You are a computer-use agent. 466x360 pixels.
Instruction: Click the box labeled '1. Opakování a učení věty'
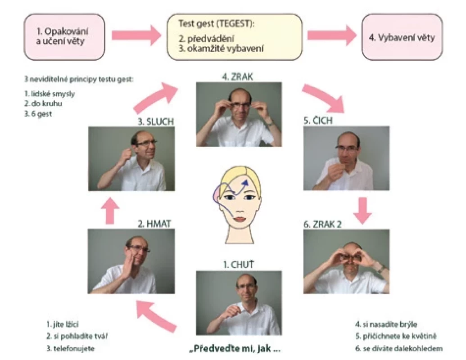click(x=64, y=36)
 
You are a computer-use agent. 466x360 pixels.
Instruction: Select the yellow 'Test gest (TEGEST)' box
click(x=235, y=36)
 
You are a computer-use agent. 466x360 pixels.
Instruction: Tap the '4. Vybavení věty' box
click(x=402, y=36)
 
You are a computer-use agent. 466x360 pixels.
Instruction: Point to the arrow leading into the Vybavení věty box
click(x=332, y=36)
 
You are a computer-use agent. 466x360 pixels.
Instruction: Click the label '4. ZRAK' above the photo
click(x=237, y=76)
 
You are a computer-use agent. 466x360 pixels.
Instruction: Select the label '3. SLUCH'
click(x=156, y=121)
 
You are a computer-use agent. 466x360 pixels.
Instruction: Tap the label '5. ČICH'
click(x=318, y=120)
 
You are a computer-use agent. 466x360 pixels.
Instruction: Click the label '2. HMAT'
click(x=154, y=223)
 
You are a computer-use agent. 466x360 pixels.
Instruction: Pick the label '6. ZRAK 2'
click(x=322, y=224)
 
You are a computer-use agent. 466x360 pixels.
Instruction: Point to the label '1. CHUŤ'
click(x=239, y=264)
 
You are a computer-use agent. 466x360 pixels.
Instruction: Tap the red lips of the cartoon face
click(x=239, y=219)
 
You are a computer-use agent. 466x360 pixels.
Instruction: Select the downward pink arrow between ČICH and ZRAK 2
click(x=362, y=211)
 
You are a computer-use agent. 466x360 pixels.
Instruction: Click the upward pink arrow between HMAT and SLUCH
click(x=110, y=211)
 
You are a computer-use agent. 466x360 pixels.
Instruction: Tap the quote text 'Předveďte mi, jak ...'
click(x=235, y=348)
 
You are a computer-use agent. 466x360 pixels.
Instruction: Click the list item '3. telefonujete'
click(x=70, y=348)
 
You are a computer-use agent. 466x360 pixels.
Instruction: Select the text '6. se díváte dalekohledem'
click(x=399, y=348)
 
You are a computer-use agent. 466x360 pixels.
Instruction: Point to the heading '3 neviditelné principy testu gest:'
click(x=79, y=79)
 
